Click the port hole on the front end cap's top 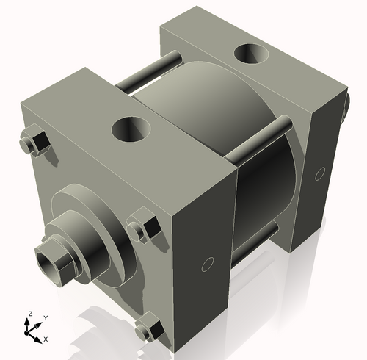(131, 130)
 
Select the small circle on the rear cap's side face (319, 174)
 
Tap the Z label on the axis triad (29, 314)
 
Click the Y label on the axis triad (45, 317)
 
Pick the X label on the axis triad (46, 339)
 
